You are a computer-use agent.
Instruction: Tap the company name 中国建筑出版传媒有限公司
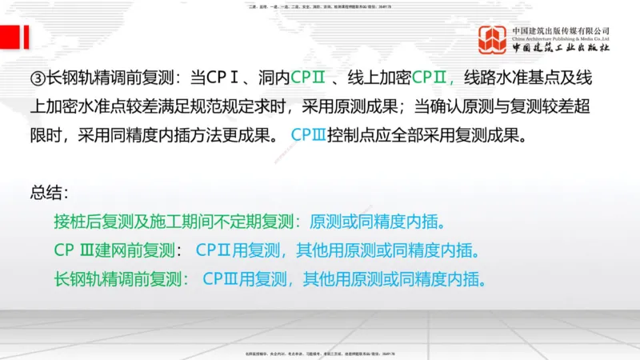[561, 30]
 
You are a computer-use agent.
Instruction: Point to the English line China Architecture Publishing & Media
[561, 38]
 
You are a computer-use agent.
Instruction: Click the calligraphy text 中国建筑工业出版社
[561, 48]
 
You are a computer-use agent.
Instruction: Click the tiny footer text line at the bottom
[320, 354]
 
